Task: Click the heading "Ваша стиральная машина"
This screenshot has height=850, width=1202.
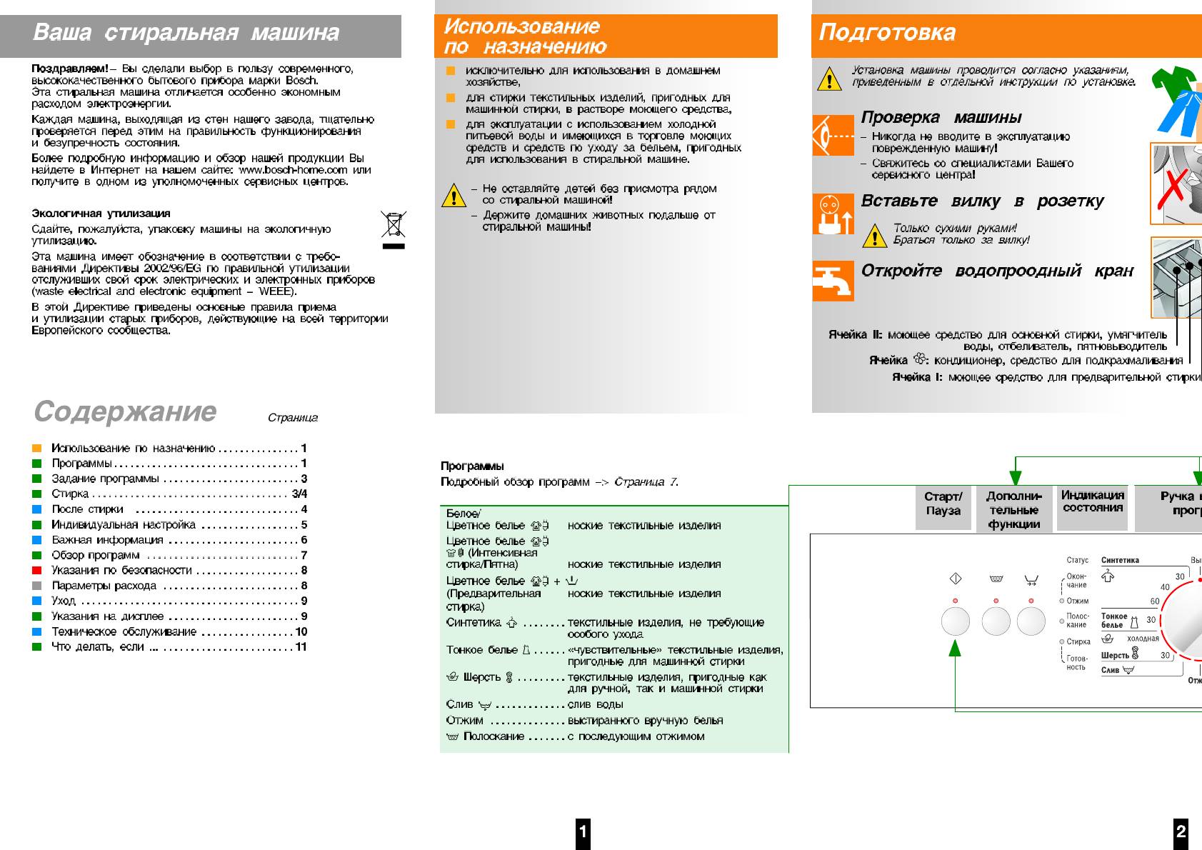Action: point(186,33)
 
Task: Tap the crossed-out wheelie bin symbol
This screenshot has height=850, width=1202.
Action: point(393,224)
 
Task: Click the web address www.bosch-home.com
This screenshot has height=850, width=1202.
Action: point(293,170)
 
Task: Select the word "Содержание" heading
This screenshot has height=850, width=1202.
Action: point(125,411)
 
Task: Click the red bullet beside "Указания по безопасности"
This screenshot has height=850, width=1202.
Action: point(37,570)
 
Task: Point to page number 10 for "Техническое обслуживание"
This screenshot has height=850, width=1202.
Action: point(301,631)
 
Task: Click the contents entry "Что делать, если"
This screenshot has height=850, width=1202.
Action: point(98,647)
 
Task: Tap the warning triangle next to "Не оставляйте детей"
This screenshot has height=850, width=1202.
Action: point(454,195)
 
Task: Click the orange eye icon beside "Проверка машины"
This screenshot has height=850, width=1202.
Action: point(833,135)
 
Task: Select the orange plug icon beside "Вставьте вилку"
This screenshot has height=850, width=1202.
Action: point(833,213)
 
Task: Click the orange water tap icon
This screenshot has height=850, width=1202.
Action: point(833,281)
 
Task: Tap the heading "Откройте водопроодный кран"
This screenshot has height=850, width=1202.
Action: point(997,271)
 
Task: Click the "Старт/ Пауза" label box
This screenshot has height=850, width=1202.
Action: point(943,504)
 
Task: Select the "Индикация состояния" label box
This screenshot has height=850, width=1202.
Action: point(1092,502)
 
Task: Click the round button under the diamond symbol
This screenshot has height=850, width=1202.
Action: point(955,621)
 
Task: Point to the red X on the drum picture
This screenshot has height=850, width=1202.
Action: point(1172,188)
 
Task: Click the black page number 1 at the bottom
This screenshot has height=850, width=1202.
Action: point(583,831)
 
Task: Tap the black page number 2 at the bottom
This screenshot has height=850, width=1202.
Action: point(1181,831)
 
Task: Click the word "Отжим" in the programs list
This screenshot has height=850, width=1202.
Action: point(465,720)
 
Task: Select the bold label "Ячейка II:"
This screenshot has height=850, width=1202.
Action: point(855,334)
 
